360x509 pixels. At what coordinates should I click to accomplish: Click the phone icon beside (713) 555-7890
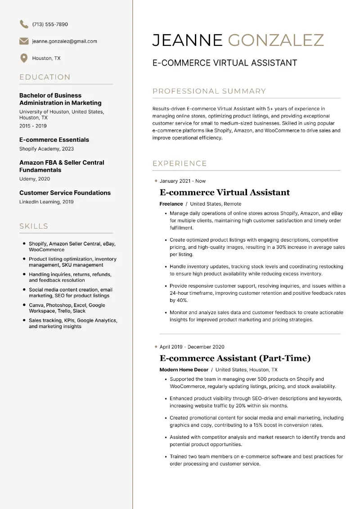click(x=24, y=24)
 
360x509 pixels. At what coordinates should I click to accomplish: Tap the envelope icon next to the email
click(x=24, y=41)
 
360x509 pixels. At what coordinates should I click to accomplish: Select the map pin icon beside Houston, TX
click(x=24, y=58)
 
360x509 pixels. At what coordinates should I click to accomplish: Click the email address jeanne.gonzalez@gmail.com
click(x=64, y=41)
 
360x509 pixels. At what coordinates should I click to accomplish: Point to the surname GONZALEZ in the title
click(x=276, y=40)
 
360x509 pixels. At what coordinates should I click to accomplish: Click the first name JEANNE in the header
click(x=187, y=40)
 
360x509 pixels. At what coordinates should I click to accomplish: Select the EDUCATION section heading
click(x=45, y=77)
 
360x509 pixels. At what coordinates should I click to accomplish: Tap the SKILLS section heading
click(x=34, y=226)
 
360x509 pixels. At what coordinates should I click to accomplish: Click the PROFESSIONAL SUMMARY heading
click(x=209, y=91)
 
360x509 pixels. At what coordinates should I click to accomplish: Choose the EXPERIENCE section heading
click(x=180, y=163)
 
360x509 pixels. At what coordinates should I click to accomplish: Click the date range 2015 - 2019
click(x=33, y=126)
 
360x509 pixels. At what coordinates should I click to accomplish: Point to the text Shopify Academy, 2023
click(x=46, y=149)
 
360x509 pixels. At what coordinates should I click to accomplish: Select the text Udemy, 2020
click(x=35, y=179)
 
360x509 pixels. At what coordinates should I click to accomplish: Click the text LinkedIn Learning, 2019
click(x=46, y=202)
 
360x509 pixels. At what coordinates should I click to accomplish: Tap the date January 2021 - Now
click(x=182, y=181)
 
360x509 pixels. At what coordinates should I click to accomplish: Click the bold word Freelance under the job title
click(x=171, y=204)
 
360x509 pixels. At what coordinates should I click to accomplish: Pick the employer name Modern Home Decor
click(x=184, y=370)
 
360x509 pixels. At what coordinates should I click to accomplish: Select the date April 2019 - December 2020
click(x=192, y=347)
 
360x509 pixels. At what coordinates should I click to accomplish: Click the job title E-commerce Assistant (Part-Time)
click(x=235, y=358)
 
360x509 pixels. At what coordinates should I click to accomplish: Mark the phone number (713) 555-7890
click(x=50, y=24)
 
